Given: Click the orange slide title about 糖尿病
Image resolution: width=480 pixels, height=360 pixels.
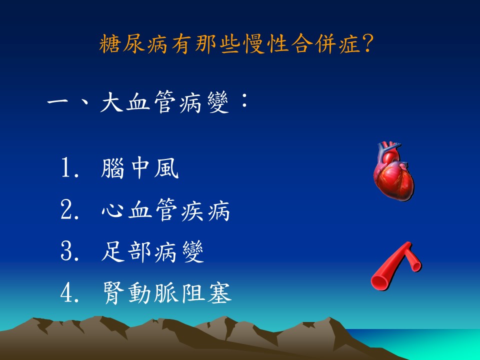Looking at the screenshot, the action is click(x=236, y=44).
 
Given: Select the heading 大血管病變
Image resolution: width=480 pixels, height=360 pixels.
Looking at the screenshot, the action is click(x=164, y=102).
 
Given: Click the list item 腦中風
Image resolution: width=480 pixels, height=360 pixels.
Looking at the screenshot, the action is click(x=139, y=168).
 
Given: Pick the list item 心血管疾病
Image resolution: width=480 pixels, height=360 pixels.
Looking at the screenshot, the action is click(x=165, y=210).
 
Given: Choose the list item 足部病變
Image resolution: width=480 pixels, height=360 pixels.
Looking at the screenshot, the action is click(x=152, y=251).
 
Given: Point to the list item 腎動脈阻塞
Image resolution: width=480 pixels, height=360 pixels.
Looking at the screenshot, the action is click(x=167, y=292).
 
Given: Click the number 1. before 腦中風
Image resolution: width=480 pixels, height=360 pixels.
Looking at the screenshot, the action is click(x=70, y=168).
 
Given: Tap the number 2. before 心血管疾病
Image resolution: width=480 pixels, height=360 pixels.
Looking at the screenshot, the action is click(x=70, y=210).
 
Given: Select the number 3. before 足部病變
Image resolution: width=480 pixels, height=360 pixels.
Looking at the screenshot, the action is click(x=70, y=251).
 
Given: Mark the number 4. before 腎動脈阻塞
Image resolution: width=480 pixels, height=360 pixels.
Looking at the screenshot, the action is click(x=70, y=293).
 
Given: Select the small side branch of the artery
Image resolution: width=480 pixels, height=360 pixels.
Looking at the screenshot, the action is click(x=413, y=261).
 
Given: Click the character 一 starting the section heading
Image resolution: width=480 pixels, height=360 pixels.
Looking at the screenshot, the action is click(x=58, y=102).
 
